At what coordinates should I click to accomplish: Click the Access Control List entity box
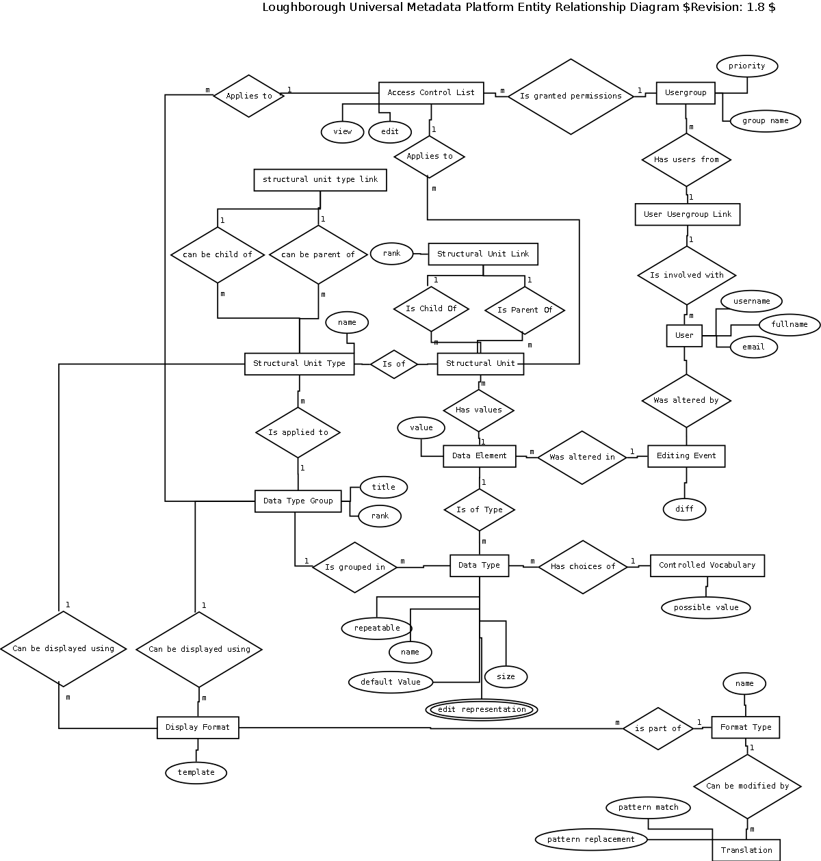[431, 93]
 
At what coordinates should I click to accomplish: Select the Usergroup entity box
[685, 93]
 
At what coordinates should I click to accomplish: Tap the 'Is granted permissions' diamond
[571, 96]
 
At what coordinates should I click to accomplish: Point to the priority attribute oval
[746, 66]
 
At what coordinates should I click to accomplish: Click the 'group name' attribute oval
[765, 121]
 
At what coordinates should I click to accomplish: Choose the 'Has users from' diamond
[686, 160]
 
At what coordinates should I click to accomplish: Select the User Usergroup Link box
[687, 215]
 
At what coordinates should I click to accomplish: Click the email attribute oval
[753, 347]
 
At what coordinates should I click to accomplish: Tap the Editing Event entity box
[686, 456]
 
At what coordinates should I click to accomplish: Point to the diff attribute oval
[684, 509]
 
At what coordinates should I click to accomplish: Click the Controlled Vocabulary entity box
[707, 566]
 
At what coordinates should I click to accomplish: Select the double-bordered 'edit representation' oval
[482, 710]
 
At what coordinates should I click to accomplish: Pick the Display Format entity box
[198, 728]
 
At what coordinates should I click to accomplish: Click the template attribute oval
[196, 773]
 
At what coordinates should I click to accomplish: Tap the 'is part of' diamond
[657, 729]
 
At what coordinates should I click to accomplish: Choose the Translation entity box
[746, 850]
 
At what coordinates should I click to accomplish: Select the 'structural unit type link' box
[320, 180]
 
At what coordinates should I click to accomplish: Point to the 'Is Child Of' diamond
[431, 309]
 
